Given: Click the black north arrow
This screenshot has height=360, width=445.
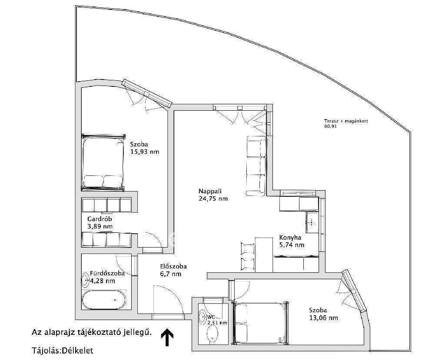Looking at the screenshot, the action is [167, 337].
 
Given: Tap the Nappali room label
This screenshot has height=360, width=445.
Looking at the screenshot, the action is [210, 191].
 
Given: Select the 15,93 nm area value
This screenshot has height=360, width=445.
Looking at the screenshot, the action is [145, 152].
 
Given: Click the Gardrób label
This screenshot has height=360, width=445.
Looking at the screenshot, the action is [100, 219].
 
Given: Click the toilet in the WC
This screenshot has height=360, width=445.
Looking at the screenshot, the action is [212, 334].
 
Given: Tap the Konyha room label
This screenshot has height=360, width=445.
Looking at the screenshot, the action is [290, 238].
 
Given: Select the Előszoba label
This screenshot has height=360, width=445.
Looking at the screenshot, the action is [173, 266].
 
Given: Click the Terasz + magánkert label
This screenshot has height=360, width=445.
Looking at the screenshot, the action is [346, 121].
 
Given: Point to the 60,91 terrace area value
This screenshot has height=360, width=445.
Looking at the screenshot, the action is [330, 126].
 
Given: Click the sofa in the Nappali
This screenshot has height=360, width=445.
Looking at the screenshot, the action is [256, 166].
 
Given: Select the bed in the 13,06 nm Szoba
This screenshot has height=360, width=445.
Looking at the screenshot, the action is [261, 323].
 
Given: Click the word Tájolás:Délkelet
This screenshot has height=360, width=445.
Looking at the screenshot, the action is [62, 350].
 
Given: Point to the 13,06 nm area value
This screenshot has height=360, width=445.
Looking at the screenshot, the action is [323, 318].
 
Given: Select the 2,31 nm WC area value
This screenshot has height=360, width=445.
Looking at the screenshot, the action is [217, 323].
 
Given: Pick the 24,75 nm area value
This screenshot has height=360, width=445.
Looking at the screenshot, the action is [213, 198].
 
